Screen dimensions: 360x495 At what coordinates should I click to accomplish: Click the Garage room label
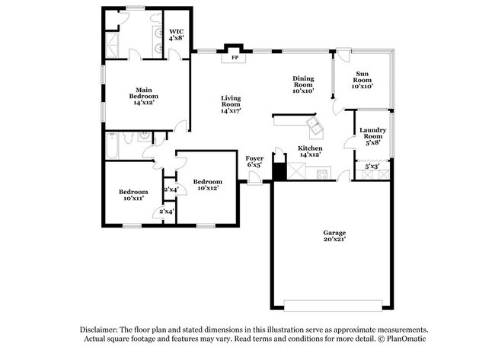[x=334, y=235]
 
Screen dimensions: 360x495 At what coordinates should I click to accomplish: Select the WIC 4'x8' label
[x=176, y=35]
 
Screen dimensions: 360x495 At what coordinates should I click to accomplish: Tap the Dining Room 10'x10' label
[x=304, y=84]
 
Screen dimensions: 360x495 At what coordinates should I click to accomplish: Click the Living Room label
[x=231, y=106]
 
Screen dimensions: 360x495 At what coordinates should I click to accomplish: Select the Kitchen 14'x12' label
[x=310, y=151]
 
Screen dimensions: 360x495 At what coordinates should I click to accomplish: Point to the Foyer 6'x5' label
[x=254, y=161]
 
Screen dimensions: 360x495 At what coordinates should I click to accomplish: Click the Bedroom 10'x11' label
[x=133, y=194]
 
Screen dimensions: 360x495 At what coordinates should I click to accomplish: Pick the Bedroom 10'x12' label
[x=207, y=185]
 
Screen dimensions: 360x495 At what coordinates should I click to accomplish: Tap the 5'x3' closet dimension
[x=372, y=165]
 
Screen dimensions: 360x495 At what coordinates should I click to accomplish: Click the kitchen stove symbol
[x=322, y=173]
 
